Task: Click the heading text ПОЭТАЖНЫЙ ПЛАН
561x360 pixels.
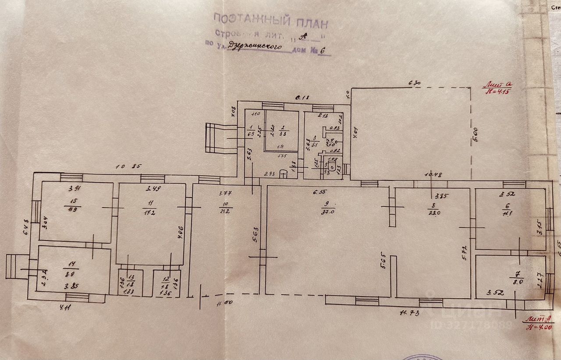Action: pyautogui.click(x=270, y=20)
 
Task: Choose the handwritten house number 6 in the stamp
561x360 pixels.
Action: pyautogui.click(x=324, y=50)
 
